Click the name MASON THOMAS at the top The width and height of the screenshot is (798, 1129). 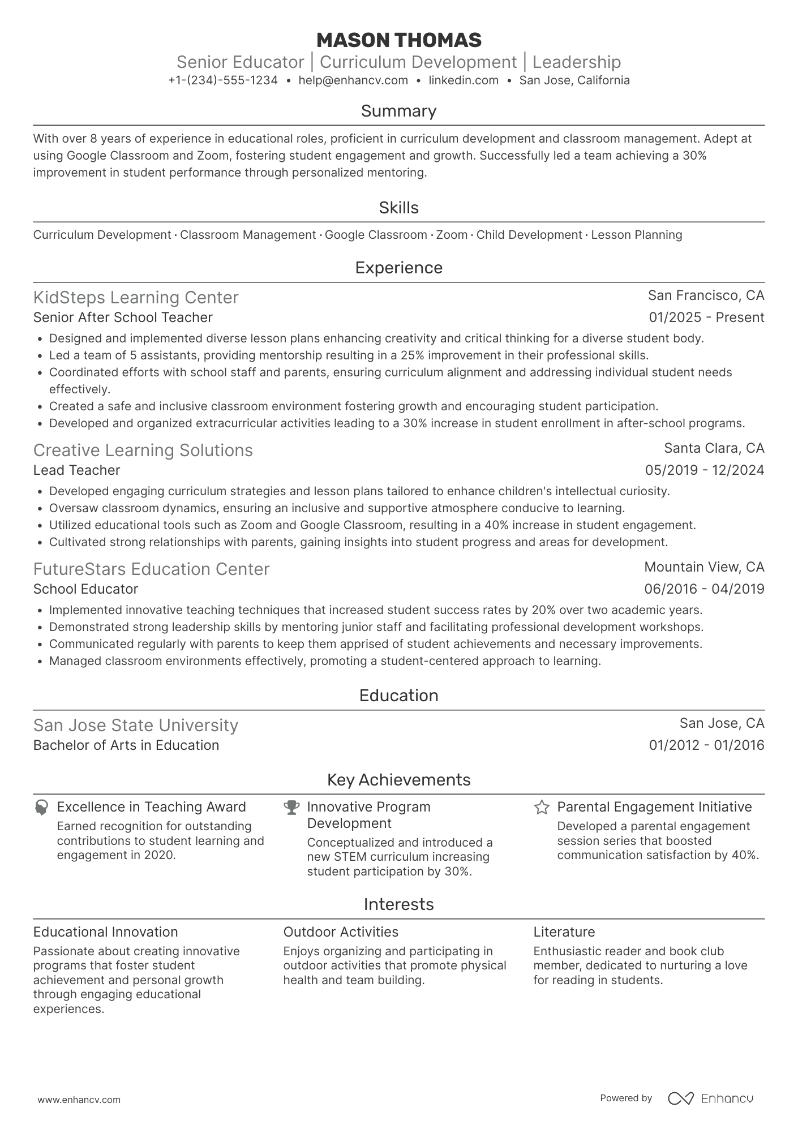point(398,40)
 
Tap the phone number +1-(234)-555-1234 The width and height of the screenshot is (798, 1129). point(223,80)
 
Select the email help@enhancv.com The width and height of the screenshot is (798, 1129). point(353,80)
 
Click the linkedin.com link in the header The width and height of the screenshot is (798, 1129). point(463,80)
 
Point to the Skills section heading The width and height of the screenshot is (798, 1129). point(398,208)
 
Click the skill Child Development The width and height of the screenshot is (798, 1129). point(529,235)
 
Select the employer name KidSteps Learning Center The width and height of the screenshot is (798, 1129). point(136,297)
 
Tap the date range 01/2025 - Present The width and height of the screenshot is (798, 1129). point(706,317)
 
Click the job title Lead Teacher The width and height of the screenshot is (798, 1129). point(76,470)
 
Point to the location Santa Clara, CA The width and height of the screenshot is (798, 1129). point(714,448)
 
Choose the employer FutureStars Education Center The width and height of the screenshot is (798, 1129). point(151,569)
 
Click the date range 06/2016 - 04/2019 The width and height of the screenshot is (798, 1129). point(704,589)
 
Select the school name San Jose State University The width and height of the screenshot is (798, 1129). point(135,725)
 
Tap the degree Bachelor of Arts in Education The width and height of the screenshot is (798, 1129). point(126,745)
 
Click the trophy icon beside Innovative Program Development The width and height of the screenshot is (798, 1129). point(291,807)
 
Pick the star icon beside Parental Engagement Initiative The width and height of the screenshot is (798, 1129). point(542,807)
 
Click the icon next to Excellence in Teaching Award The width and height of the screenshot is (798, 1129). point(41,807)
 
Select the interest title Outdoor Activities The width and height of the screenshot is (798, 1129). point(341,932)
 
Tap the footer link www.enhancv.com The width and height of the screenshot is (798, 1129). point(79,1100)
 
